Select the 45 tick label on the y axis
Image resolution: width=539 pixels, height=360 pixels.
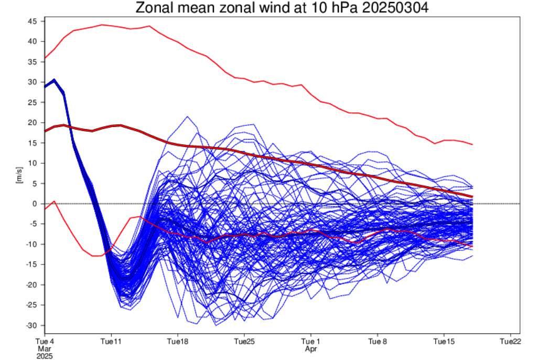point(32,21)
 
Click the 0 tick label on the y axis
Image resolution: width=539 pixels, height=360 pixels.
point(35,204)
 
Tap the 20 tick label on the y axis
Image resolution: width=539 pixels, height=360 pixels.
point(32,122)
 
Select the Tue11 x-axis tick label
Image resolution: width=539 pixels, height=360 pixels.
point(111,342)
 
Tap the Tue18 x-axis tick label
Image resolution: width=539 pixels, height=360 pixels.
point(178,342)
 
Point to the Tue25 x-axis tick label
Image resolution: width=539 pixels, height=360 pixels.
point(244,342)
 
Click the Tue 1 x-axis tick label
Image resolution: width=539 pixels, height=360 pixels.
point(311,342)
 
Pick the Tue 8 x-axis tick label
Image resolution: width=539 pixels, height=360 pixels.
point(378,342)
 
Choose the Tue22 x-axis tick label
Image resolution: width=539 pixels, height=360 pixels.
point(511,342)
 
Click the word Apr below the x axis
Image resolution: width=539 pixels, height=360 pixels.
point(311,348)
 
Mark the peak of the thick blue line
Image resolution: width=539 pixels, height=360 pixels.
point(54,80)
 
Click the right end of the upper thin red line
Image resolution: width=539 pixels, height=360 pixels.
point(472,144)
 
